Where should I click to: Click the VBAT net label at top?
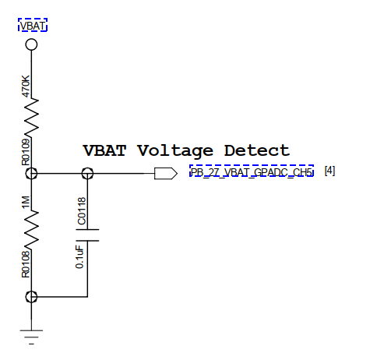coord(33,26)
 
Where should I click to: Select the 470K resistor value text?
coord(26,86)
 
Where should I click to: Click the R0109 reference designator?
coord(26,152)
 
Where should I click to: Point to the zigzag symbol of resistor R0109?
coord(31,118)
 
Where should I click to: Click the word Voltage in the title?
coord(175,151)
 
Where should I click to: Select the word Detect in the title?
coord(257,150)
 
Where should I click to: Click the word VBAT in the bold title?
coord(104,150)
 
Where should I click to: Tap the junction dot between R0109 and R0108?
coord(31,173)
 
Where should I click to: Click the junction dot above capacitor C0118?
coord(87,173)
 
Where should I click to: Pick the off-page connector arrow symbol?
coord(166,173)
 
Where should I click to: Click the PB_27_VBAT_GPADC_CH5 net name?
coord(251,172)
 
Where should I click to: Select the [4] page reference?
coord(329,171)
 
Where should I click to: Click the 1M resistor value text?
coord(26,203)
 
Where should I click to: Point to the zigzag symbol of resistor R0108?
coord(31,229)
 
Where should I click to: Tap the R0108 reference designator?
coord(26,265)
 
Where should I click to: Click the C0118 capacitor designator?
coord(82,211)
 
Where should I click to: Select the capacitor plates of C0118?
coord(87,235)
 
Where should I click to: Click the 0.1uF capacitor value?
coord(79,257)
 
